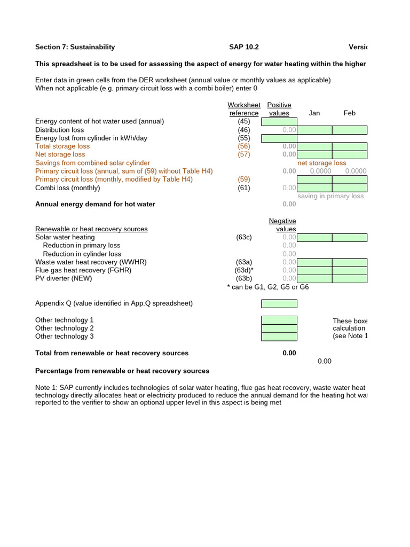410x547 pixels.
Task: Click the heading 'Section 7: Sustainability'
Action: (x=75, y=47)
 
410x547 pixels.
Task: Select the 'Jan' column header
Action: (x=314, y=113)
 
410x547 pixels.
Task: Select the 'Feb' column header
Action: (x=350, y=113)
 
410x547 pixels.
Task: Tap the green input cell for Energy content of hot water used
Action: (x=279, y=122)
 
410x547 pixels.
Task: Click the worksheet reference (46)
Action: (x=244, y=130)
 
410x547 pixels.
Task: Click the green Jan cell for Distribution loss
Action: (x=314, y=130)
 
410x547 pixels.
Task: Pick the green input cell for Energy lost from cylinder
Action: (x=279, y=138)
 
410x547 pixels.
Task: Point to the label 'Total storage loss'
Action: (x=62, y=146)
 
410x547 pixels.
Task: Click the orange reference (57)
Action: (x=244, y=154)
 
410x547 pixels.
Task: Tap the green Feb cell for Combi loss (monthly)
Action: (x=350, y=187)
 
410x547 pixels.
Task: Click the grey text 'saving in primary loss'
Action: (x=330, y=196)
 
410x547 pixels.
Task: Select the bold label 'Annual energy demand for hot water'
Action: (x=95, y=204)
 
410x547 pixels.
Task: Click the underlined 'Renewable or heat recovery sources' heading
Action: (x=91, y=229)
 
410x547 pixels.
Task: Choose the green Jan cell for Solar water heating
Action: (x=314, y=237)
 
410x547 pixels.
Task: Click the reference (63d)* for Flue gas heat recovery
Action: (x=245, y=270)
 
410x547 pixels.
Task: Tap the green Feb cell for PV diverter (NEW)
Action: (x=350, y=278)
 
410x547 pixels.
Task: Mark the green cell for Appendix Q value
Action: (x=279, y=303)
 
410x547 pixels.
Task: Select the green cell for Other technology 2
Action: (x=279, y=329)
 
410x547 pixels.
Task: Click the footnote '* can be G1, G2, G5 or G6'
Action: (x=268, y=287)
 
